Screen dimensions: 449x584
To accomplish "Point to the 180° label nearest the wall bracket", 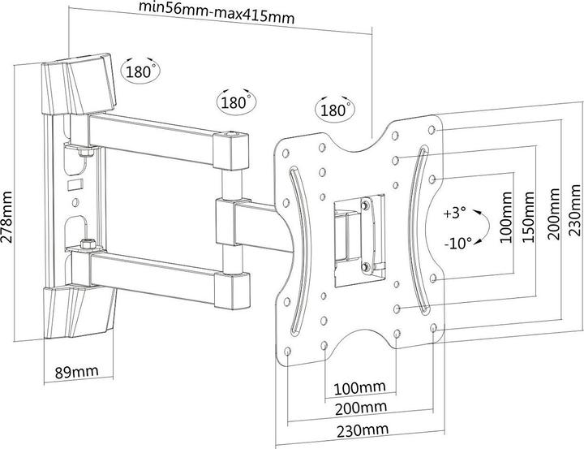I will point(139,71).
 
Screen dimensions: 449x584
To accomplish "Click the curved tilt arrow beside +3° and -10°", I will point(483,228).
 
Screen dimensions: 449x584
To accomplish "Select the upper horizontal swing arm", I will point(154,132).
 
